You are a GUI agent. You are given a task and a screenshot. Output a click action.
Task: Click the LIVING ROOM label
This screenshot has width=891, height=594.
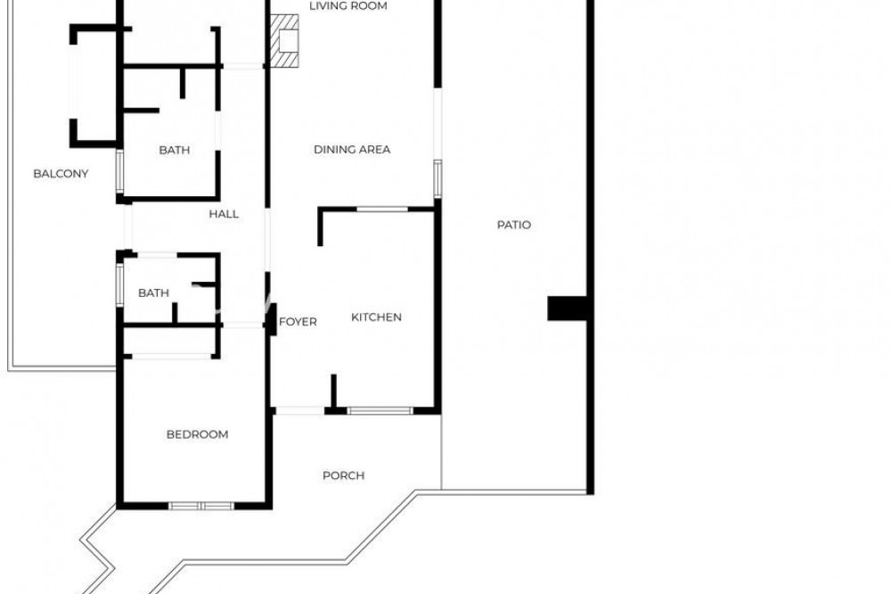pyautogui.click(x=348, y=6)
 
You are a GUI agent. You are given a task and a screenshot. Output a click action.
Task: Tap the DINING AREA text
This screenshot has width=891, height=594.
pyautogui.click(x=352, y=150)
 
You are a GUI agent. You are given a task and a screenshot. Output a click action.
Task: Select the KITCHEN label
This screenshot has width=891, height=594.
pyautogui.click(x=376, y=317)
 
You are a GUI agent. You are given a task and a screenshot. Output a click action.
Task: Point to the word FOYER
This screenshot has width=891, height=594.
pyautogui.click(x=298, y=322)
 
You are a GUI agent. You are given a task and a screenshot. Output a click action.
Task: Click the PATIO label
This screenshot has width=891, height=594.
pyautogui.click(x=514, y=225)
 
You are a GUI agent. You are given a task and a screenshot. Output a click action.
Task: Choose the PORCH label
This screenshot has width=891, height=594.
pyautogui.click(x=344, y=475)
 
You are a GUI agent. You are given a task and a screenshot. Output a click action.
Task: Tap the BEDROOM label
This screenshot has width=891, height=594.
pyautogui.click(x=197, y=434)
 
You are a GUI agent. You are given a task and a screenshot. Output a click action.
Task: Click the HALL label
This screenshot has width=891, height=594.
pyautogui.click(x=224, y=214)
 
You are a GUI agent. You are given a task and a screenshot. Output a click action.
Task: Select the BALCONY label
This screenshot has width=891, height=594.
pyautogui.click(x=61, y=174)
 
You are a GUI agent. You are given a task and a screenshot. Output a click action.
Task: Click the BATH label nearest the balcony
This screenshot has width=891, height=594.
pyautogui.click(x=175, y=150)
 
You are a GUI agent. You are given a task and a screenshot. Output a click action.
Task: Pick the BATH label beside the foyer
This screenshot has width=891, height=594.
pyautogui.click(x=153, y=293)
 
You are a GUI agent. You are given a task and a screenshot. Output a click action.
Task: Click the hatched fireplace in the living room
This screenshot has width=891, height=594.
pyautogui.click(x=284, y=41)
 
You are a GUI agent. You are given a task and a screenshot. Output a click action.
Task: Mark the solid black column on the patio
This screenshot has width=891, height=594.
pyautogui.click(x=567, y=308)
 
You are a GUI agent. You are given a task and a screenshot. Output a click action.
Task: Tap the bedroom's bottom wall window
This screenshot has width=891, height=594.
pyautogui.click(x=201, y=505)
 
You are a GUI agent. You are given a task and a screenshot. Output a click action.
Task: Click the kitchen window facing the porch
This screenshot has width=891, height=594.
pyautogui.click(x=380, y=410)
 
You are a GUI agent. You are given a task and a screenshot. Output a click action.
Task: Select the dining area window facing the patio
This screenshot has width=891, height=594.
pyautogui.click(x=437, y=178)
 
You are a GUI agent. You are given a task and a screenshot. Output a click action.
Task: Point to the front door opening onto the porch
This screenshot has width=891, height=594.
pyautogui.click(x=299, y=410)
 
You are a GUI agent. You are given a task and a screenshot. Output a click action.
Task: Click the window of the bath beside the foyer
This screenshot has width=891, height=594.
pyautogui.click(x=119, y=284)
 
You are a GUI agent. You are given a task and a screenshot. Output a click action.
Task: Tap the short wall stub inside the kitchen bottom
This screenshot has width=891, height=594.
pyautogui.click(x=333, y=391)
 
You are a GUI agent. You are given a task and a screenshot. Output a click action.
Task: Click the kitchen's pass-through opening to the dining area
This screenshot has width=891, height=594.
pyautogui.click(x=382, y=210)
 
